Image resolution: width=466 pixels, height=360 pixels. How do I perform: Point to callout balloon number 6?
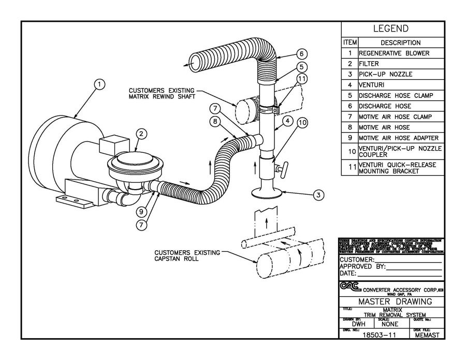click(x=302, y=54)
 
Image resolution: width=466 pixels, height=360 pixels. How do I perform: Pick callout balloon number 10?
click(x=302, y=123)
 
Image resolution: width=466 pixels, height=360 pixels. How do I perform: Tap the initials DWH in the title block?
click(x=352, y=324)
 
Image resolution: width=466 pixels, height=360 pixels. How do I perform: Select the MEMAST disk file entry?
click(x=428, y=335)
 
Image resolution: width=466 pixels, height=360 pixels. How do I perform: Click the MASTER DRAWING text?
click(x=392, y=301)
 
